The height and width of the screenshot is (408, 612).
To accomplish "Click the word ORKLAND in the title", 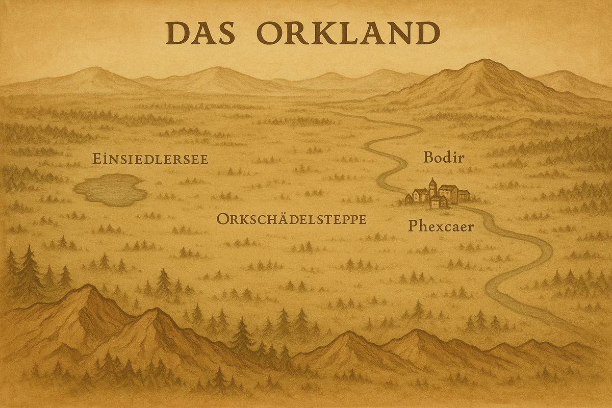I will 348,33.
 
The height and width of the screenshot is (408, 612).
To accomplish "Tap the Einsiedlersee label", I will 150,159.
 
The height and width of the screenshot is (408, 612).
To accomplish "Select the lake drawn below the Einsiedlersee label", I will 110,190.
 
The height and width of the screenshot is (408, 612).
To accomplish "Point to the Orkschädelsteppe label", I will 291,219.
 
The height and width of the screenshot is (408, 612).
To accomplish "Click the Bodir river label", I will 444,158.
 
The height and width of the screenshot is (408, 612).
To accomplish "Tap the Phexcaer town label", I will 441,226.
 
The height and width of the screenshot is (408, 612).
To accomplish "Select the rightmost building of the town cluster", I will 464,195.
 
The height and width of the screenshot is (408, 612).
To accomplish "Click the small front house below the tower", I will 438,202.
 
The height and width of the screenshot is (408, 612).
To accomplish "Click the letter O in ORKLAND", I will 268,33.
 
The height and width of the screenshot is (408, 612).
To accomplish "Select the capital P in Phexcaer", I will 413,226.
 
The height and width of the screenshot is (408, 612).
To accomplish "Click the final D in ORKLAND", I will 428,33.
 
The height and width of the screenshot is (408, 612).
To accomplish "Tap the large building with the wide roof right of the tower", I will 448,193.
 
